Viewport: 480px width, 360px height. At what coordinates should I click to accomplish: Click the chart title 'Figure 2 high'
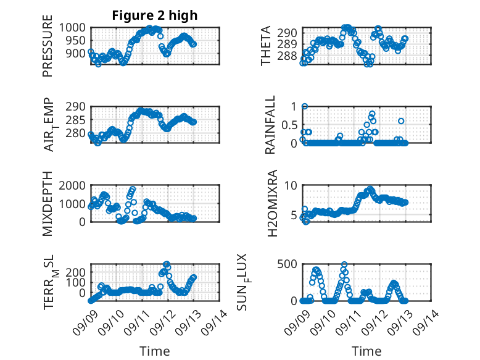tap(155, 15)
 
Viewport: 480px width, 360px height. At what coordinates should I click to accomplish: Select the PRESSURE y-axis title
tap(48, 46)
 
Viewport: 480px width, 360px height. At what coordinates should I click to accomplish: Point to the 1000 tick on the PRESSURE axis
tap(72, 28)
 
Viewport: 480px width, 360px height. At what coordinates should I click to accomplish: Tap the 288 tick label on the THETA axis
tap(287, 56)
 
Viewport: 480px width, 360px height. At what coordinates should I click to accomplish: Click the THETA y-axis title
tap(266, 46)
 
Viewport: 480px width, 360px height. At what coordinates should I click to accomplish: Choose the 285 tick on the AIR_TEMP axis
tap(76, 120)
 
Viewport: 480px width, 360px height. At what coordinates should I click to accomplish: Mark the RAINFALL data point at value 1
tap(305, 106)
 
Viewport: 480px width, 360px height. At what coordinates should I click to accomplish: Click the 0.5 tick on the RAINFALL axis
tap(289, 125)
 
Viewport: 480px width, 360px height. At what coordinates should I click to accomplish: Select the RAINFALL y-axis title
tap(270, 125)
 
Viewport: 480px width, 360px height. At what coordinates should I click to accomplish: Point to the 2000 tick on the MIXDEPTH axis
tap(72, 185)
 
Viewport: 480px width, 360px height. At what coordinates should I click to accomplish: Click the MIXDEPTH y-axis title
tap(48, 204)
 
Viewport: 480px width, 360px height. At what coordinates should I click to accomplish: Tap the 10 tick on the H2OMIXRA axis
tap(291, 185)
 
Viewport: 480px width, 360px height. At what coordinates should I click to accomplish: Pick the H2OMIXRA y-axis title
tap(272, 203)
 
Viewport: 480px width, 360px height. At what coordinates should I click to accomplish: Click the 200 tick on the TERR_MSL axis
tap(76, 272)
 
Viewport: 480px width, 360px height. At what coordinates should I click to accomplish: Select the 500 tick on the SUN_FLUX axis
tap(287, 264)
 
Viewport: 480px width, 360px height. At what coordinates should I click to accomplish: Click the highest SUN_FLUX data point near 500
tap(344, 264)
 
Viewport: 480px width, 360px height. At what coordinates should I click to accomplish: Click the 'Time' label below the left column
tap(155, 351)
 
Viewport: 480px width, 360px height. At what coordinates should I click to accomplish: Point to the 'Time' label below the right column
tap(366, 351)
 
